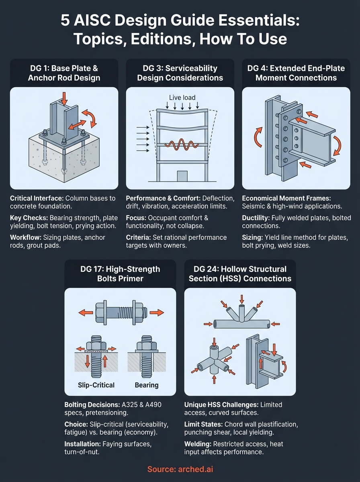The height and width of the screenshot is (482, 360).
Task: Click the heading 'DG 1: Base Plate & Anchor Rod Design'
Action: coord(64,72)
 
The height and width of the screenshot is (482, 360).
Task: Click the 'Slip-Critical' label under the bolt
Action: coord(96,385)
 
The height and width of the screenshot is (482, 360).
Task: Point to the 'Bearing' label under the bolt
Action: coord(146,385)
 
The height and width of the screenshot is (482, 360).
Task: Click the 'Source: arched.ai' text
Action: coord(180,469)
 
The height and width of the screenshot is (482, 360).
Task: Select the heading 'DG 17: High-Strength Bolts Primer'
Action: coord(120,273)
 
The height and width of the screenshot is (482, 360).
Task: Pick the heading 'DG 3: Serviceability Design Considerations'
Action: coord(180,72)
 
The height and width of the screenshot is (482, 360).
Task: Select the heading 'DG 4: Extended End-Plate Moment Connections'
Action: coord(296,72)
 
